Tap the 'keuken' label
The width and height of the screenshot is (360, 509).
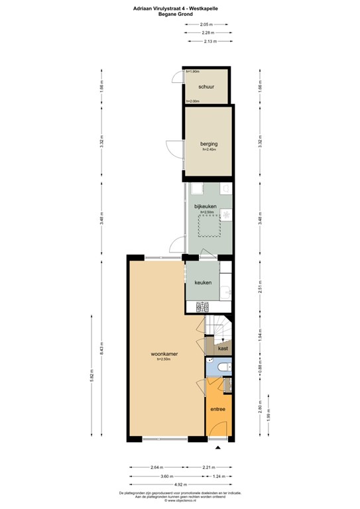click(x=203, y=283)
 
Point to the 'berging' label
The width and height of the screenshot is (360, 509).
click(x=210, y=144)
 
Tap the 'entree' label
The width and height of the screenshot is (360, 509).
click(x=218, y=409)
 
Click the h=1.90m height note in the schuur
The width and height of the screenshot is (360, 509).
click(x=194, y=71)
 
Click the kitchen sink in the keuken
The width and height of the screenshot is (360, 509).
click(x=227, y=289)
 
